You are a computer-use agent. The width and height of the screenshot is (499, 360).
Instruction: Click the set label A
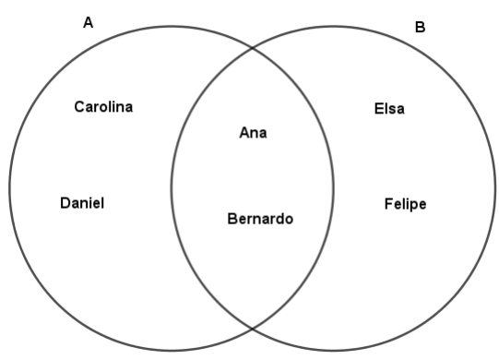pos(89,23)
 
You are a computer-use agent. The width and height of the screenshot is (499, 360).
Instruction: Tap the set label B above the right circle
pos(420,28)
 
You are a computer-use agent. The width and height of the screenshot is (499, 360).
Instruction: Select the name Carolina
pos(103,107)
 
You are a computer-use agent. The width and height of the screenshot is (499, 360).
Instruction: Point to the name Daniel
pos(82,203)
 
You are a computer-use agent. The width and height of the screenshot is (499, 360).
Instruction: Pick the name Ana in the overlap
pos(253,133)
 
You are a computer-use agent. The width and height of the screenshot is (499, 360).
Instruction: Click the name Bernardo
pos(260,220)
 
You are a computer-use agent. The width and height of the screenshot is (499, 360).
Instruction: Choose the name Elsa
pos(389,110)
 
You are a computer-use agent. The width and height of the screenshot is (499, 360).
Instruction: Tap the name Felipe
pos(405,204)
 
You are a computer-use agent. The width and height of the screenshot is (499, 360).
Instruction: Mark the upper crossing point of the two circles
pos(253,48)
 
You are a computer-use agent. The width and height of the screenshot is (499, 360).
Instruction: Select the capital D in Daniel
pos(65,203)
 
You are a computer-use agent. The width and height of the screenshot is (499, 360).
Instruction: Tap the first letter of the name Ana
pos(244,133)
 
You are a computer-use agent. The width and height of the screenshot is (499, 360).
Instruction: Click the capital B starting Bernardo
pos(232,220)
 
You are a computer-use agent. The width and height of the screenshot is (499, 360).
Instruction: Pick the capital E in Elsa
pos(378,110)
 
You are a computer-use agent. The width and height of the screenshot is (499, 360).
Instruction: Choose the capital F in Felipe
pos(388,204)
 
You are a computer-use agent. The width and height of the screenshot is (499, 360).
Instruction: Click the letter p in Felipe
pos(411,206)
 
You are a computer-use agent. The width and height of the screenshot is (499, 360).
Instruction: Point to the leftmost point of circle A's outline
pos(9,188)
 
